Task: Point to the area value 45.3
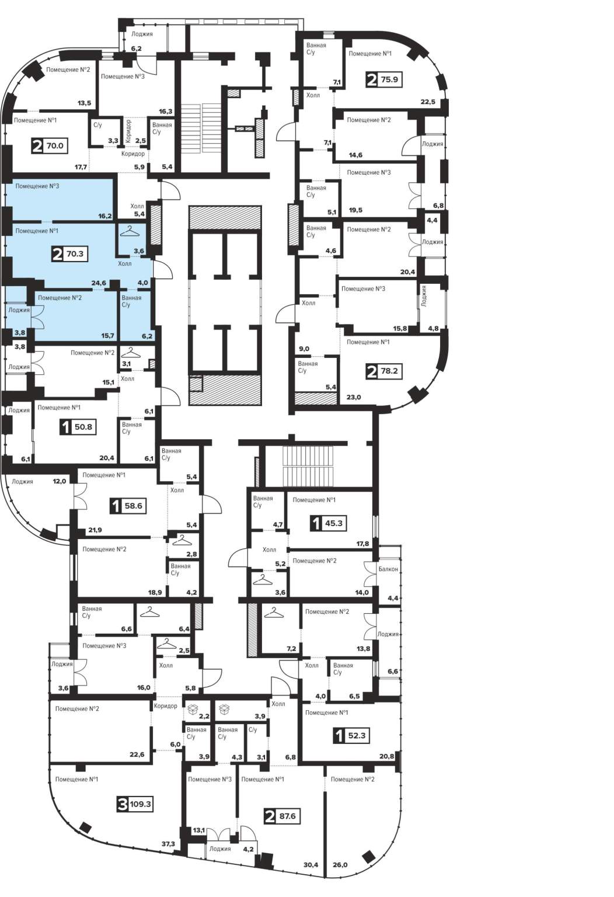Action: [x=333, y=523]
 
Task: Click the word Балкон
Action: [x=388, y=569]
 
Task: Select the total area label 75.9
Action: [x=389, y=79]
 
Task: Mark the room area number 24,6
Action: [x=99, y=283]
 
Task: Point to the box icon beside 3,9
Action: [x=225, y=710]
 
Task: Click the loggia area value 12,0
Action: [x=59, y=481]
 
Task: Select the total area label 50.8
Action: [x=83, y=427]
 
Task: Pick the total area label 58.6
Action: [x=133, y=506]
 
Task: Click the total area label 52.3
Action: [x=357, y=736]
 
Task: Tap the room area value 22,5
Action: [x=428, y=102]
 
